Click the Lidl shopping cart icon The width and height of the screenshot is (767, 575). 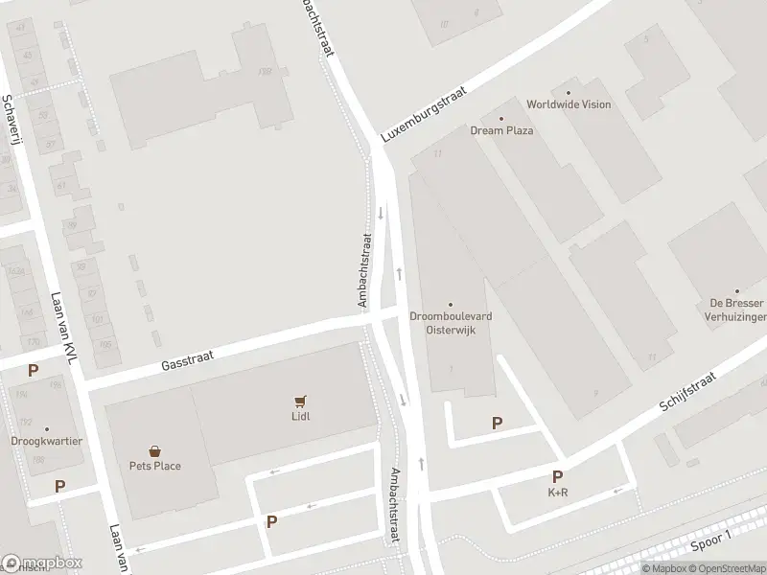point(301,402)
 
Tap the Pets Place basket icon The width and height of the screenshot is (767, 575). point(154,450)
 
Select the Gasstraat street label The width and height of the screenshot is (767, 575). point(187,358)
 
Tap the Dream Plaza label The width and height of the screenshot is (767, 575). point(501,130)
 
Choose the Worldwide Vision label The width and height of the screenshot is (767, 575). point(569,104)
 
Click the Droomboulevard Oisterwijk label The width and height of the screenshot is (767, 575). point(451,323)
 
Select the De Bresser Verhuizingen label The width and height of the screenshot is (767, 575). point(735,309)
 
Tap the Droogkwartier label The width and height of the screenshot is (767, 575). point(46,442)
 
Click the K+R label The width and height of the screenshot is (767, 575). point(557,494)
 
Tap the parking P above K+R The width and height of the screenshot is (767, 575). point(557,476)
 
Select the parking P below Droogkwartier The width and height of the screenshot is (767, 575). point(59,486)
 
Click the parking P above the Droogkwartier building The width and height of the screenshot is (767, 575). point(34,371)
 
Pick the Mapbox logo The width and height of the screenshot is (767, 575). point(42,563)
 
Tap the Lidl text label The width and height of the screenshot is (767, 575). point(301,416)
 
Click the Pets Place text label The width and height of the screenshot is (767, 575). point(154,466)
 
